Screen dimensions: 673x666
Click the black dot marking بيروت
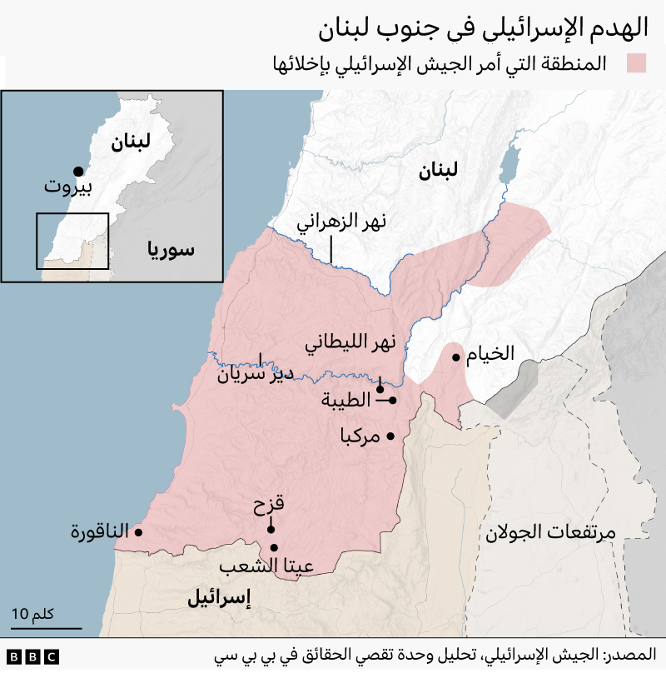pyautogui.click(x=78, y=171)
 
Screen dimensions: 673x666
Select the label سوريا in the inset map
pyautogui.click(x=170, y=248)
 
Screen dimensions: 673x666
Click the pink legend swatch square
pyautogui.click(x=638, y=64)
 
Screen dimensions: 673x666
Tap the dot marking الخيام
pyautogui.click(x=456, y=357)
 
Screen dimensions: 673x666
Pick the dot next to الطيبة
pyautogui.click(x=393, y=401)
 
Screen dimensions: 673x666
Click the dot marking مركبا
pyautogui.click(x=390, y=436)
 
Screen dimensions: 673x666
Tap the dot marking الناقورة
pyautogui.click(x=138, y=532)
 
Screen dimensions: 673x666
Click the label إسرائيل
pyautogui.click(x=219, y=597)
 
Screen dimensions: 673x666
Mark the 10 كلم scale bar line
pyautogui.click(x=47, y=628)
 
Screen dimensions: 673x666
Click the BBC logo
pyautogui.click(x=33, y=657)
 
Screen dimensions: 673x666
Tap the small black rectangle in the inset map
pyautogui.click(x=72, y=241)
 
